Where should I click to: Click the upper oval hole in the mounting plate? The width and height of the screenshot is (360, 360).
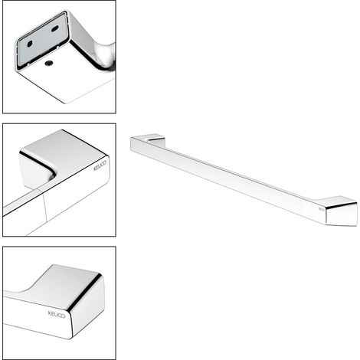point(55,28)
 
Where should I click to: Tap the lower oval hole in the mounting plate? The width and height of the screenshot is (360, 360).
point(30,44)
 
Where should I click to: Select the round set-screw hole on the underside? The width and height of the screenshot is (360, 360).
point(49,63)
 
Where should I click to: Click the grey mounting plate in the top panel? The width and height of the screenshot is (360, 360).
point(44,40)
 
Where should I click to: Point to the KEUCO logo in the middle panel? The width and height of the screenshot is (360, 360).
point(100,165)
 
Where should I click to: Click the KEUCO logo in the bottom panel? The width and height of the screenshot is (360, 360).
point(57,314)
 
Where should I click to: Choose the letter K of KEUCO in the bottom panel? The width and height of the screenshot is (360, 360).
point(50,313)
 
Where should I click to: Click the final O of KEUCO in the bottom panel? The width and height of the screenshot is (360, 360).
point(64,316)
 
